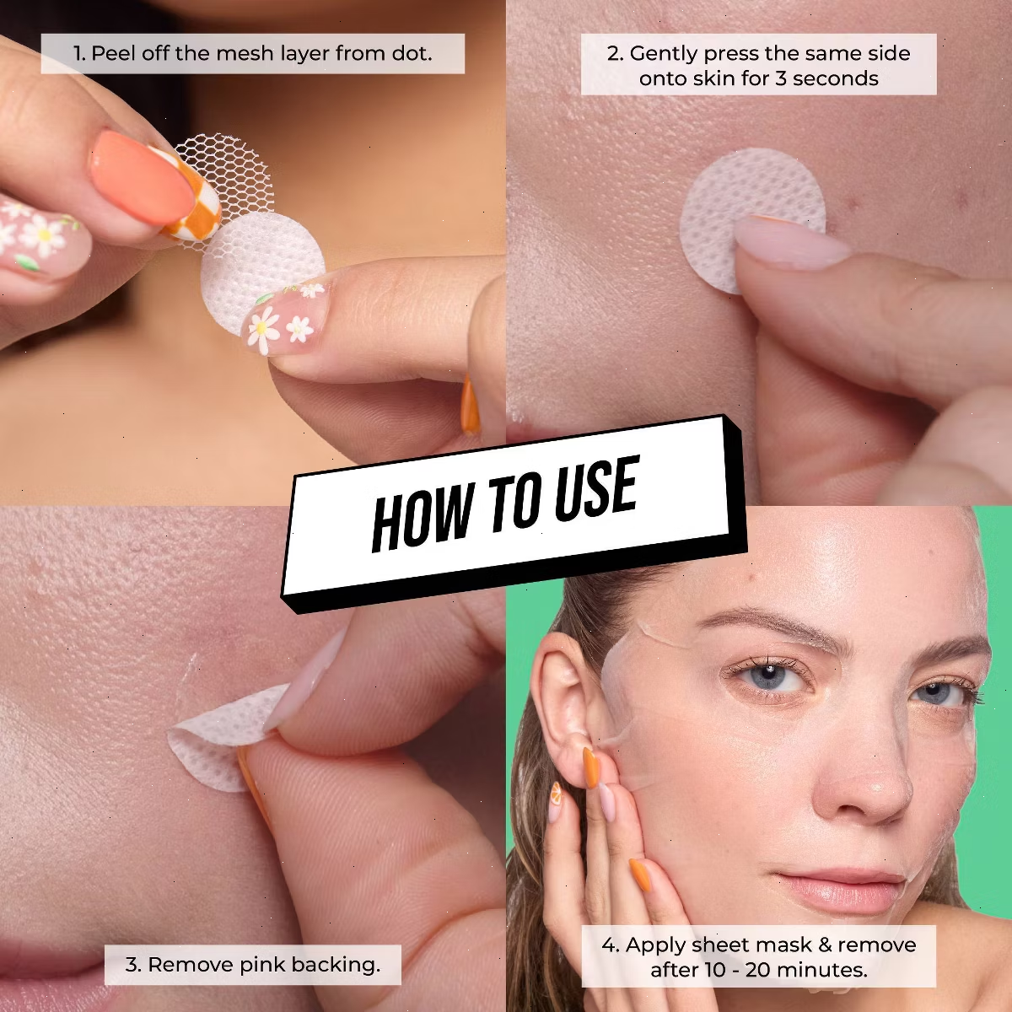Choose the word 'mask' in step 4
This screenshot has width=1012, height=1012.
(x=786, y=945)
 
